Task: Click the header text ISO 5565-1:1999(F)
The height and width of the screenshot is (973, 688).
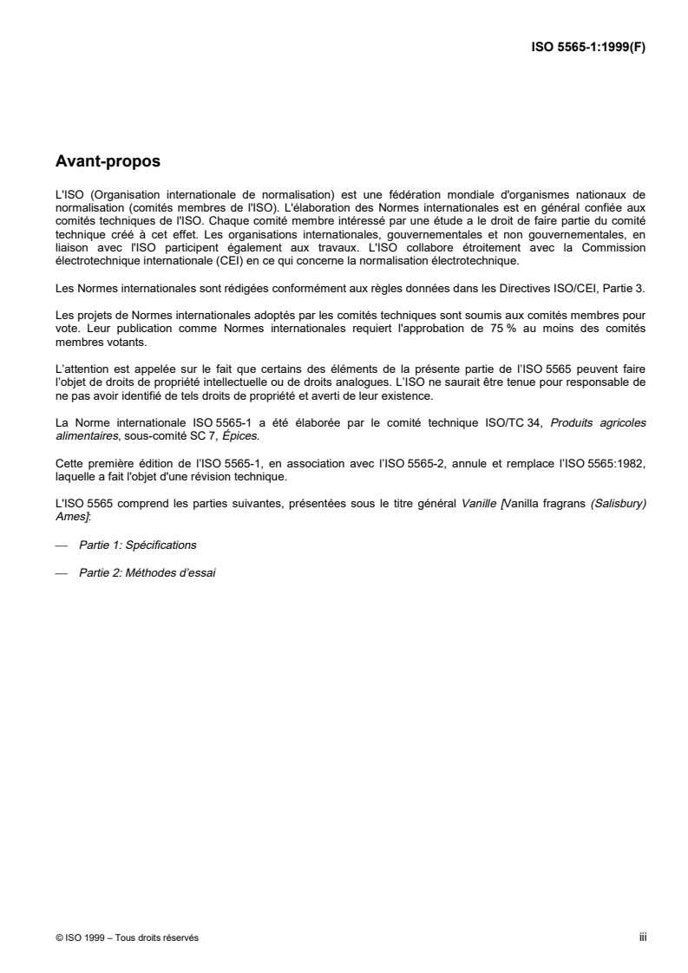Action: [589, 48]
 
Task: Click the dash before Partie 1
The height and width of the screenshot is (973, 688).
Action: [61, 545]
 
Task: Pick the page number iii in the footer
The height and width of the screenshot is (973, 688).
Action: [643, 937]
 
